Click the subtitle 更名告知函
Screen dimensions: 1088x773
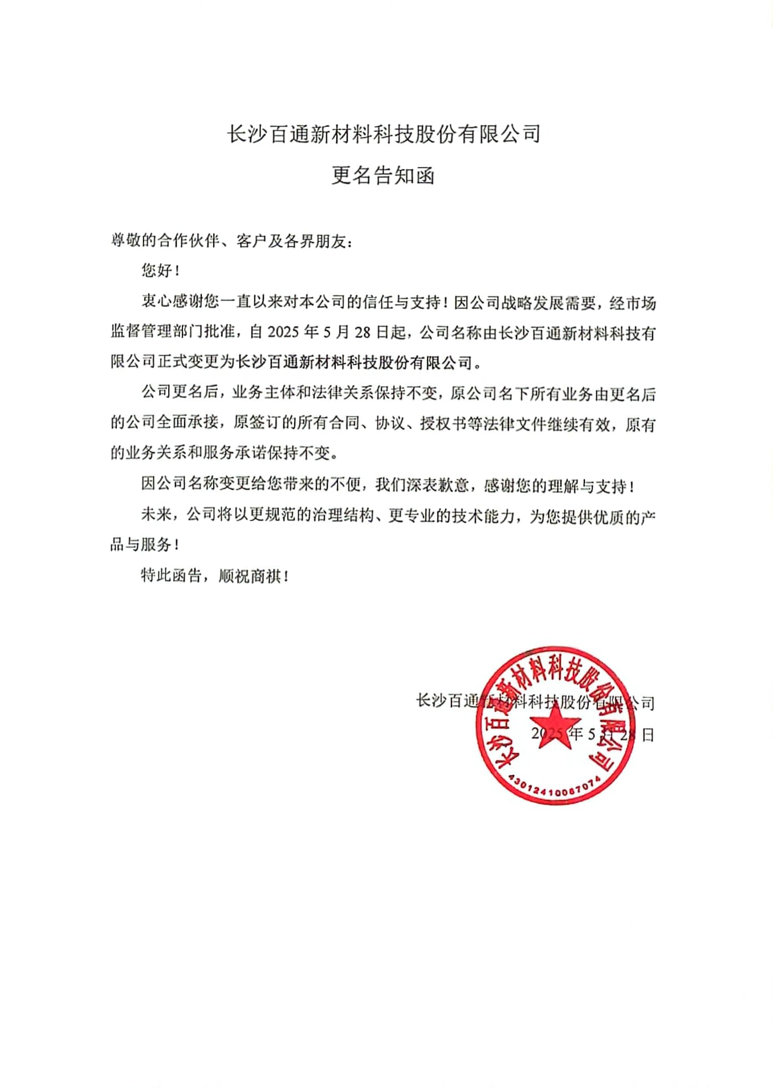383,175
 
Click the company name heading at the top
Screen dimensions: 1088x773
383,134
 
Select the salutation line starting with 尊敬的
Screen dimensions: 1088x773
231,241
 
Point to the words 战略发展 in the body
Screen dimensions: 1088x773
532,303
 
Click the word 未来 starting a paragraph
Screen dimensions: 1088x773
156,515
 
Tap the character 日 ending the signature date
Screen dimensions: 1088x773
648,734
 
